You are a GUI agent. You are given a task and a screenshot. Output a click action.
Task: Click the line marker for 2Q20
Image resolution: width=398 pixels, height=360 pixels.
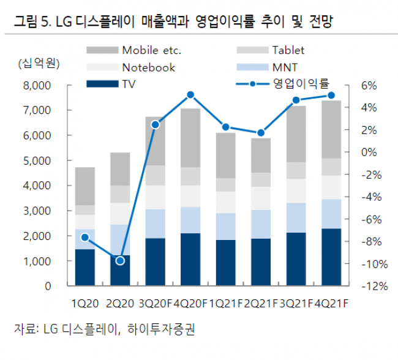point(120,261)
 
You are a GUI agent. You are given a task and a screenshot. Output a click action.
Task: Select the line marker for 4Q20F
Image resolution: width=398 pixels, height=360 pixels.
point(190,95)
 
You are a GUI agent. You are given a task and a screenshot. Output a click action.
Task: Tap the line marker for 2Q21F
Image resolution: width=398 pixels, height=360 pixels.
point(261,133)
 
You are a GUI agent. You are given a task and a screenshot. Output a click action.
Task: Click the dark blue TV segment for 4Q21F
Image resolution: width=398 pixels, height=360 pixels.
point(331,257)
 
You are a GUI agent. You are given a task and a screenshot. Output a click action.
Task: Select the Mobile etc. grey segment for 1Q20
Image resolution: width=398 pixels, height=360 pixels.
point(85,186)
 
